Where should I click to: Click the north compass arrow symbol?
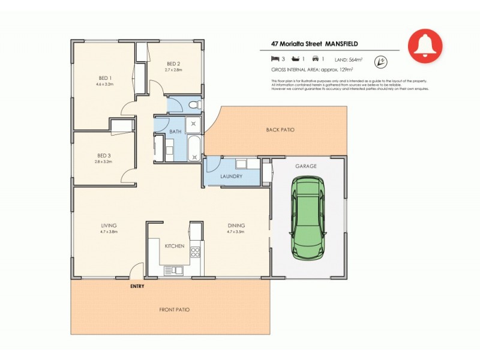[x=380, y=61]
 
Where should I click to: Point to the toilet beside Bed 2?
[x=193, y=106]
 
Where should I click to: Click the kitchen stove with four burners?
[x=195, y=253]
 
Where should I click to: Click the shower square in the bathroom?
[x=194, y=125]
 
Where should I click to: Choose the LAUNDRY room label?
[x=231, y=176]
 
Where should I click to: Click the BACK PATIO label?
[x=280, y=130]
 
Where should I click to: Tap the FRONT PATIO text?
[x=174, y=310]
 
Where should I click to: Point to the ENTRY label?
[x=137, y=286]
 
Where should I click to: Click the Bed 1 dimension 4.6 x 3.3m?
[x=105, y=84]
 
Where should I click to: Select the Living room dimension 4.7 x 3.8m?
[x=109, y=231]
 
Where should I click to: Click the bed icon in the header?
[x=275, y=59]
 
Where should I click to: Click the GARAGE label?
[x=305, y=166]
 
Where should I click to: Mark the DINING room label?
[x=235, y=226]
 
